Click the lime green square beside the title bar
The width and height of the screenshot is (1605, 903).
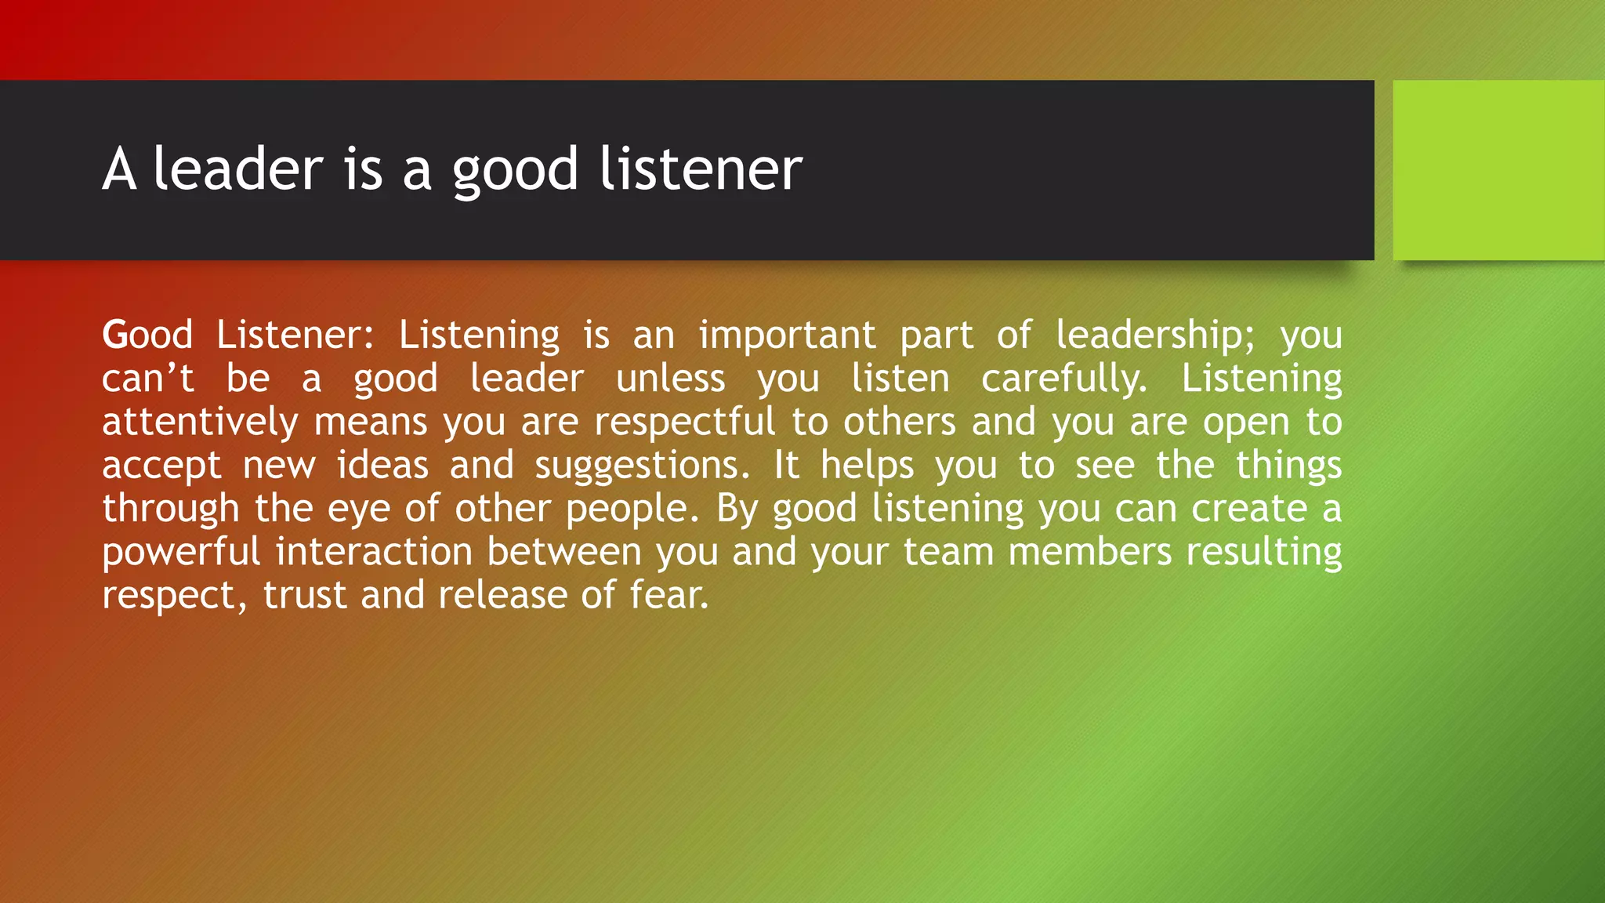[x=1498, y=170]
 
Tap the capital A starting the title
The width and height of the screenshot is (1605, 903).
[x=119, y=169]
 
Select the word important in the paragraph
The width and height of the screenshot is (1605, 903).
[x=787, y=335]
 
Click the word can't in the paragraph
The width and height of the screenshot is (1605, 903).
[x=147, y=379]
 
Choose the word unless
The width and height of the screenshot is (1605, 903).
[x=671, y=379]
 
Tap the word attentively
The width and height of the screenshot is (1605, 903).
[x=200, y=422]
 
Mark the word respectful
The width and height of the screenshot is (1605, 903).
[x=684, y=422]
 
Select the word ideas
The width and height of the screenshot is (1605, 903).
[x=382, y=466]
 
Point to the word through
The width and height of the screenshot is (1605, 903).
[x=170, y=510]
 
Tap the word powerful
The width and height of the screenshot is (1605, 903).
[x=181, y=553]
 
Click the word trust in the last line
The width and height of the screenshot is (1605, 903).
[x=304, y=596]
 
